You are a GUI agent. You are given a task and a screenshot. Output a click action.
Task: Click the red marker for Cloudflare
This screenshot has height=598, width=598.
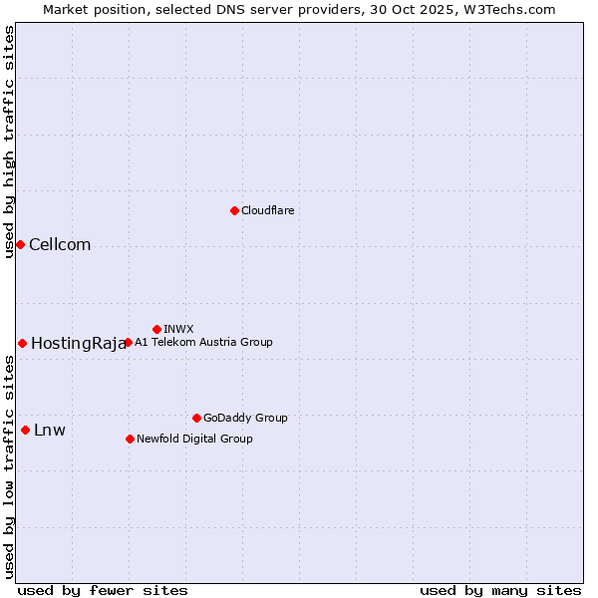(234, 210)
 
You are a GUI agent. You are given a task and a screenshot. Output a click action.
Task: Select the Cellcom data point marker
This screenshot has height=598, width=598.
(20, 244)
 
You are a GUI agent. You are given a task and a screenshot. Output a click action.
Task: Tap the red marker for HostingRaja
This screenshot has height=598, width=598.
(22, 343)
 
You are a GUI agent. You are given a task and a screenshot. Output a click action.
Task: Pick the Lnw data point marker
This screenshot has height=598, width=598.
(25, 430)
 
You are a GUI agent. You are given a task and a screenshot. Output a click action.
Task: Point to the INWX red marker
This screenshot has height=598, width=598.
(156, 329)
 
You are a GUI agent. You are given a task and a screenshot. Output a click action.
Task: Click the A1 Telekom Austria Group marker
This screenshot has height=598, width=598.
(128, 342)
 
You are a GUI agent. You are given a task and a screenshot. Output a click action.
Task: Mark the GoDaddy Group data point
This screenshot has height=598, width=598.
(196, 418)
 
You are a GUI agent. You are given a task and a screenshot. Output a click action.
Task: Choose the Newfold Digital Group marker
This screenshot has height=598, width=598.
(130, 439)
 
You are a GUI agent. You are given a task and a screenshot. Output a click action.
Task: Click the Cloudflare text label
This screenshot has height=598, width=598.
(267, 210)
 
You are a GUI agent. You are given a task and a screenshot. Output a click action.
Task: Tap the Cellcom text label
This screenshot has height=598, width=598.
(60, 245)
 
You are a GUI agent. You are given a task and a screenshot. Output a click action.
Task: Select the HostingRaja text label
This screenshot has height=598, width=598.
(79, 344)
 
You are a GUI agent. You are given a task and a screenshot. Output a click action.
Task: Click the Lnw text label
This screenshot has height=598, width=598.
(50, 431)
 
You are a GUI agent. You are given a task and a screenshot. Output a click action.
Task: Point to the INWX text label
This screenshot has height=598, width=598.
(178, 329)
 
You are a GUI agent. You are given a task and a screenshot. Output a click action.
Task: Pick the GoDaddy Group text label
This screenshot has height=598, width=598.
(245, 418)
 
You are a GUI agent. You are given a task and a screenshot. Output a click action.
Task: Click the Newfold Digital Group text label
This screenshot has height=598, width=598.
(194, 439)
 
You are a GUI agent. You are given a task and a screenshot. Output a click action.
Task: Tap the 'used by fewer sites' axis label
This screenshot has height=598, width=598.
(103, 590)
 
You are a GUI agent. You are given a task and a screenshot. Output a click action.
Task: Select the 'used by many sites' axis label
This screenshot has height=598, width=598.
(500, 590)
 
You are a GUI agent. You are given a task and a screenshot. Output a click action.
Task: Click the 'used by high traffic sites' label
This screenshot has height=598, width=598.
(9, 142)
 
